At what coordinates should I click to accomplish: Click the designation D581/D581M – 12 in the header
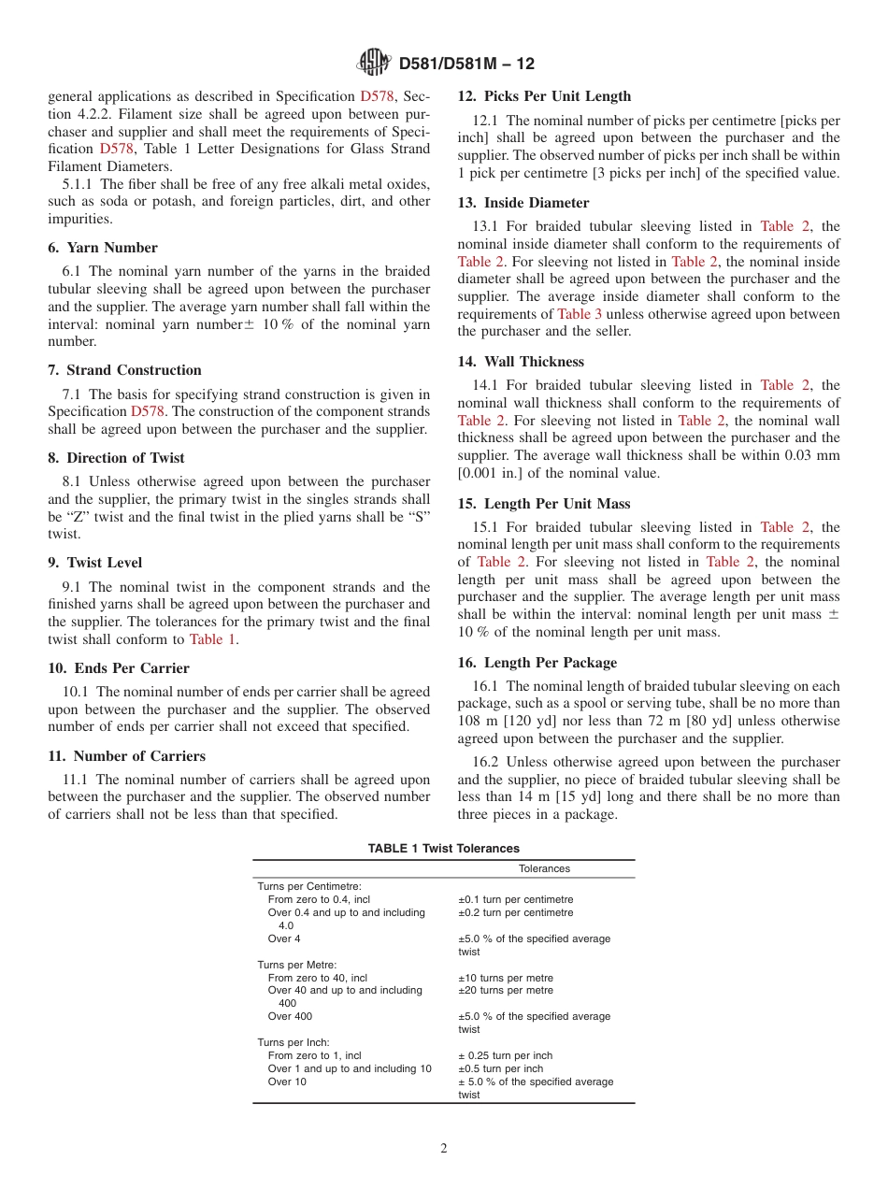point(466,64)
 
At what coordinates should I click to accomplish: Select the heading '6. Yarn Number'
point(103,248)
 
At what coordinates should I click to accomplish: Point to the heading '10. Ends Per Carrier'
point(119,668)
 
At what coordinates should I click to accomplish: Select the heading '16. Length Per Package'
point(537,663)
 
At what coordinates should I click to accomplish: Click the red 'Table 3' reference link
point(580,314)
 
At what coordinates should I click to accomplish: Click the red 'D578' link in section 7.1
point(147,411)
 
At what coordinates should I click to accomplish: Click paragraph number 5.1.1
point(79,184)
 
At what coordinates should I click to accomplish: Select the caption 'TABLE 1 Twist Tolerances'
point(443,849)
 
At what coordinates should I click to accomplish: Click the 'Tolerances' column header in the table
point(544,868)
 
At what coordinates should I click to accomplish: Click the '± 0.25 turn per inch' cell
point(505,1055)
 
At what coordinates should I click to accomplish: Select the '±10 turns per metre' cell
point(505,978)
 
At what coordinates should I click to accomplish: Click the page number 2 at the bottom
point(444,1149)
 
